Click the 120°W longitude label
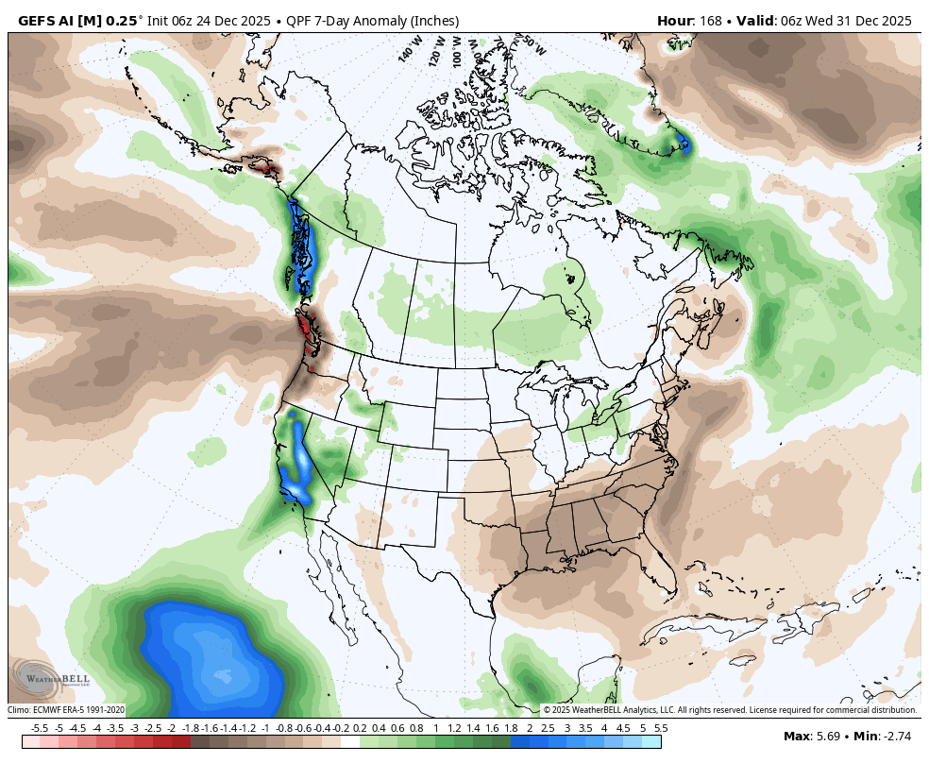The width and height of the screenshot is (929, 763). (436, 48)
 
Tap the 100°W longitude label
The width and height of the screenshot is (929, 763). (459, 50)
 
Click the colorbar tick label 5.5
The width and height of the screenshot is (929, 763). (661, 728)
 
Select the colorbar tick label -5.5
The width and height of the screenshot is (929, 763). (40, 728)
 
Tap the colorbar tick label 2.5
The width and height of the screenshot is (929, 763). (548, 728)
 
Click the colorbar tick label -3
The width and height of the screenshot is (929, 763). (134, 728)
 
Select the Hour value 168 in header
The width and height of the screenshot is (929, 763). (710, 21)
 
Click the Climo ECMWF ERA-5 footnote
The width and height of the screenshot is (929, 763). (66, 710)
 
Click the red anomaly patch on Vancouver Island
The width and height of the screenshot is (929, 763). (304, 328)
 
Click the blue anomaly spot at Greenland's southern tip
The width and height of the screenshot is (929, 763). (684, 145)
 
